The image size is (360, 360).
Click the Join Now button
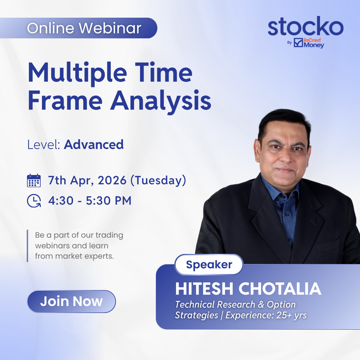click(x=71, y=301)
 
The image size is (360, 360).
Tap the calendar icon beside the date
click(x=34, y=181)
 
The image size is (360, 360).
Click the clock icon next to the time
click(x=34, y=201)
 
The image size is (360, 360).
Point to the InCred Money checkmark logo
click(x=298, y=42)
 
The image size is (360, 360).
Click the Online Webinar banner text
click(x=84, y=28)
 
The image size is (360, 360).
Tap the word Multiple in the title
click(x=77, y=73)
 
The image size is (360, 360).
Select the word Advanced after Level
click(x=94, y=145)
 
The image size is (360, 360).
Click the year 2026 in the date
click(x=112, y=180)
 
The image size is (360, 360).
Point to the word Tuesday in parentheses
click(x=158, y=180)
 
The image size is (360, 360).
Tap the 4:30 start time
click(x=61, y=201)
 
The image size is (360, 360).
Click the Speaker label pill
click(x=209, y=264)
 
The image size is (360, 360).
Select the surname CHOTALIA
click(x=280, y=289)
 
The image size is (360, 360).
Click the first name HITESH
click(x=204, y=289)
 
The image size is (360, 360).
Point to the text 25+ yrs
click(x=291, y=315)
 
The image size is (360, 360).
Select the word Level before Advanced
click(x=44, y=145)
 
